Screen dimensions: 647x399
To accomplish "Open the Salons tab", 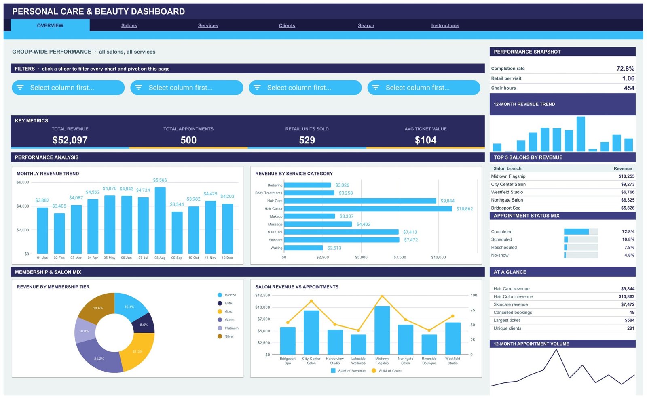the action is (129, 26).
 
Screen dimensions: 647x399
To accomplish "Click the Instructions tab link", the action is (445, 26).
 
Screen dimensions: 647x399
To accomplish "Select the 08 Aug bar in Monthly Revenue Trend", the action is (160, 220).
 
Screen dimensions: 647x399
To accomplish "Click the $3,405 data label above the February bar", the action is (59, 206).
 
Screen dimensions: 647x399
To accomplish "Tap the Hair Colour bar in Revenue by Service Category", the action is (368, 209).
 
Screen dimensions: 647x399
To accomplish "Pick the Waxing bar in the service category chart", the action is (304, 248).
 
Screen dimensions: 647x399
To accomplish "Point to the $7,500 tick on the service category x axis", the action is (400, 257).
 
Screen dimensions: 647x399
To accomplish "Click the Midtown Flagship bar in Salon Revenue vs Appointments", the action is (382, 330).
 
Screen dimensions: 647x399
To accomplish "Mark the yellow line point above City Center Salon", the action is (311, 301).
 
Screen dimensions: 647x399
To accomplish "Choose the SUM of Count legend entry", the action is (387, 371).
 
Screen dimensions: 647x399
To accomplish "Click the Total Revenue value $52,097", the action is (70, 140).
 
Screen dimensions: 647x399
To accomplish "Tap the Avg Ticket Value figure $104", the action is (425, 140).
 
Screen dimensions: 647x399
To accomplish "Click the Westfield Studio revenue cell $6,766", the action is (628, 192).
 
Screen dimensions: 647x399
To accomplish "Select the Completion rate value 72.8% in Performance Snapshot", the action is (625, 69).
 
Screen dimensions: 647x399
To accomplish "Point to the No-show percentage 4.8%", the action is (629, 255).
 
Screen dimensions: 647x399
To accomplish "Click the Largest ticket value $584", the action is (629, 320).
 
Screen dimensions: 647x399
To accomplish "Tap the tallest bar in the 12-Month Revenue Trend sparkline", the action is (581, 134).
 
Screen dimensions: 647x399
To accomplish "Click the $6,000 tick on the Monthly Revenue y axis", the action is (23, 182).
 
